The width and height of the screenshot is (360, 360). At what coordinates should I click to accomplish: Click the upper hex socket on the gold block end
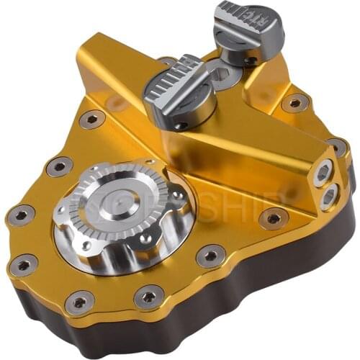click(323, 172)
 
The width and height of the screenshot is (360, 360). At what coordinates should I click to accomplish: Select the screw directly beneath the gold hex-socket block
click(273, 217)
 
